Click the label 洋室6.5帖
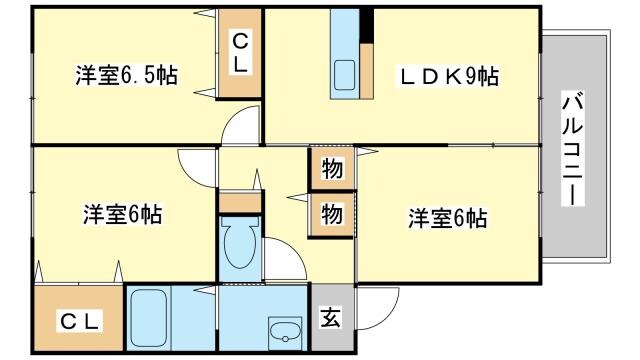click(127, 76)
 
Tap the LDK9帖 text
click(450, 76)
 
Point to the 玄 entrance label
click(329, 319)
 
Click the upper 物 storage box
click(332, 169)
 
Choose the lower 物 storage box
click(332, 213)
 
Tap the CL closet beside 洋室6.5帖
click(241, 52)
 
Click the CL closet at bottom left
click(78, 321)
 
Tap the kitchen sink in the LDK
click(347, 76)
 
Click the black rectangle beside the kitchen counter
click(368, 26)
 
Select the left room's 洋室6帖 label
click(122, 214)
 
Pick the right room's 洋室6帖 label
click(446, 217)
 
